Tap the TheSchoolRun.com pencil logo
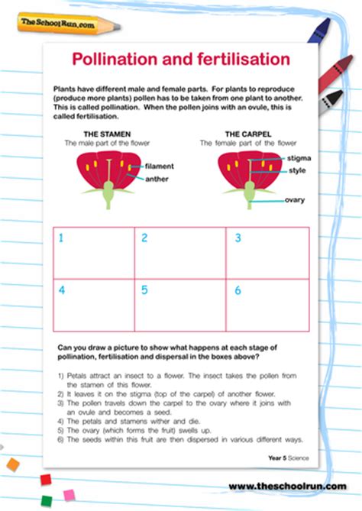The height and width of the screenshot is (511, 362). click(x=69, y=24)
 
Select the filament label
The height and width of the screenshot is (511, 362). click(x=160, y=167)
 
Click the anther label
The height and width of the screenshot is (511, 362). click(x=157, y=179)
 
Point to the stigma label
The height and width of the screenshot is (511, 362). click(x=299, y=158)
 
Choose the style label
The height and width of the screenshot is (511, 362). click(x=297, y=170)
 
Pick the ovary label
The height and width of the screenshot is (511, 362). click(x=295, y=200)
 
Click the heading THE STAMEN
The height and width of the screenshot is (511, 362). click(x=107, y=134)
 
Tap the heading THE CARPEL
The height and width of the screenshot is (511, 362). click(x=248, y=134)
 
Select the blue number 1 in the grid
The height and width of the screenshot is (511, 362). click(x=61, y=238)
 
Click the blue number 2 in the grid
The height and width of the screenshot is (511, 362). click(x=144, y=238)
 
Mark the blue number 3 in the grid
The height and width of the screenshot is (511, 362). click(x=238, y=238)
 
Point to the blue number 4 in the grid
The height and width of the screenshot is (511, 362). click(x=62, y=289)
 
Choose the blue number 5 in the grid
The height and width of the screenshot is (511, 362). click(x=144, y=289)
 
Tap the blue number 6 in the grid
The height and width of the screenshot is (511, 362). click(x=238, y=290)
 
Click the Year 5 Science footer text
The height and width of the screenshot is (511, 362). click(x=289, y=458)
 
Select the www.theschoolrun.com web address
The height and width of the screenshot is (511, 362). click(x=288, y=487)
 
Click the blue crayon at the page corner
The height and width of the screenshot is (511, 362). click(x=318, y=31)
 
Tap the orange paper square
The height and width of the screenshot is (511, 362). click(x=13, y=464)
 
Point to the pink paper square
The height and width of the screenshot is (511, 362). click(x=69, y=496)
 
